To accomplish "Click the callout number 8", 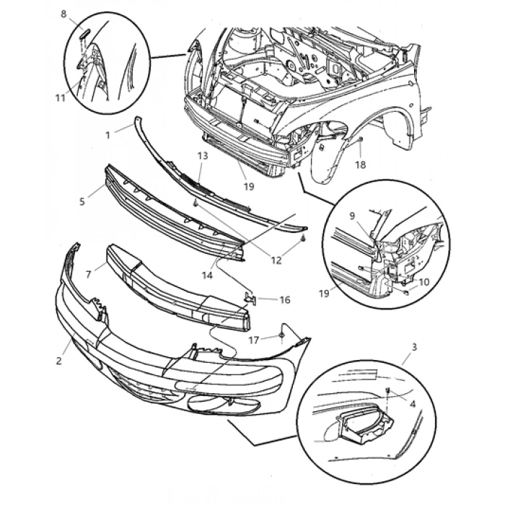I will (x=63, y=14).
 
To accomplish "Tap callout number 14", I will (x=207, y=275).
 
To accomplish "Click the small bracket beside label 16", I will (x=250, y=296).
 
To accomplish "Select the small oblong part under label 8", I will (x=83, y=32).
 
